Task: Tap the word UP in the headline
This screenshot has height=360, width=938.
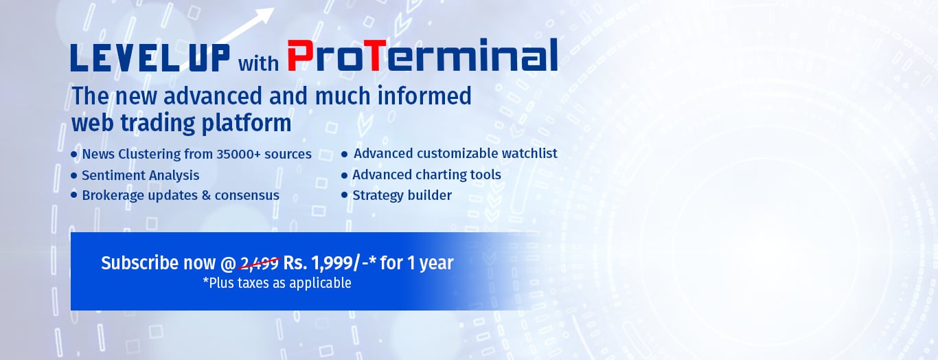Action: (x=209, y=58)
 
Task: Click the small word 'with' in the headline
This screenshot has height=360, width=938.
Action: (x=258, y=64)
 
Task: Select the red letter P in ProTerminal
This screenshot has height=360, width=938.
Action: (x=301, y=56)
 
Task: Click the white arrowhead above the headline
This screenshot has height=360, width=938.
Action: (x=264, y=15)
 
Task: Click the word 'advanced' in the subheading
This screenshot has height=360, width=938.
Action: (x=213, y=95)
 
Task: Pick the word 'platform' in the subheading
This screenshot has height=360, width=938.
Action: (x=247, y=123)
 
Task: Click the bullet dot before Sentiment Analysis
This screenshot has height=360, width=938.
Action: (x=74, y=175)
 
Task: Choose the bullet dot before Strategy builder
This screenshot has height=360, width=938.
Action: (x=345, y=195)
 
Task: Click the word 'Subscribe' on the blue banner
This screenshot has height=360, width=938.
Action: (x=140, y=263)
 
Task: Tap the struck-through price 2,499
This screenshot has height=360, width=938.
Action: (x=259, y=264)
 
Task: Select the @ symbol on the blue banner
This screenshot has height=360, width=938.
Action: (x=228, y=264)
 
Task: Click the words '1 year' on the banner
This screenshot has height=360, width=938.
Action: (x=430, y=264)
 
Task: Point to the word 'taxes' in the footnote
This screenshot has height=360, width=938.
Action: (x=253, y=283)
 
